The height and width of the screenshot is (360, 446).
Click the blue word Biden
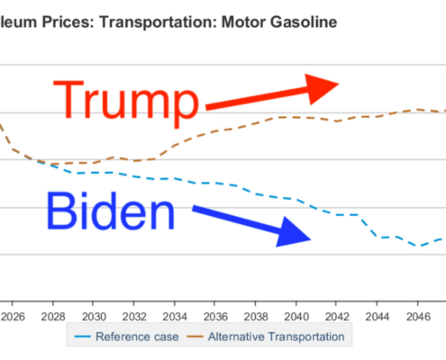point(111,211)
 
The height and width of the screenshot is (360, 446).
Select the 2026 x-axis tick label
point(13,317)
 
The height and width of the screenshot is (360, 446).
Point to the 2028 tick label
point(53,317)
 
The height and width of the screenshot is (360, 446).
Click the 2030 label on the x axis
point(94,317)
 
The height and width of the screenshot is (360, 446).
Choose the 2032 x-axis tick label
point(134,317)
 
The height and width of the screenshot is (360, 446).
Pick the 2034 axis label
point(175,317)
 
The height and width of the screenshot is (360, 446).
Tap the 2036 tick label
point(215,317)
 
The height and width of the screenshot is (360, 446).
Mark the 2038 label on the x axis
point(256,317)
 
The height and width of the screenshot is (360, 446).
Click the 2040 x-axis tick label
point(296,317)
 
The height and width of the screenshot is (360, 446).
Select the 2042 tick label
point(337,317)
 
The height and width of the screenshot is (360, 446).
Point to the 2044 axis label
point(378,317)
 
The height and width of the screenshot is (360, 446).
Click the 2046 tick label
point(418,317)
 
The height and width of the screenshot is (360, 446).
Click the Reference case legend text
point(137,337)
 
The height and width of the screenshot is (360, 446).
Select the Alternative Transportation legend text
point(277,337)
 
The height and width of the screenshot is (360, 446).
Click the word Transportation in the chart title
point(158,22)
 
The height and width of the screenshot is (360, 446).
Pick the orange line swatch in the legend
point(195,337)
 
